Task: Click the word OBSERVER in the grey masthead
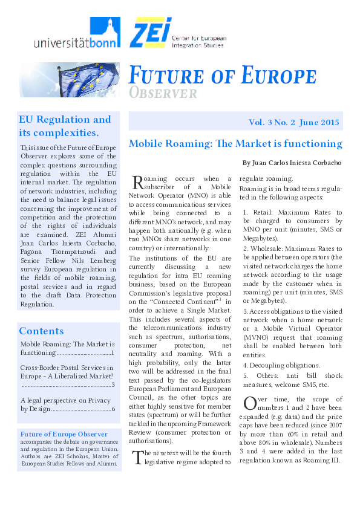tap(163, 93)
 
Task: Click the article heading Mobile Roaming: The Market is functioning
tap(235, 144)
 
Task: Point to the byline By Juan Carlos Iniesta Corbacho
tap(292, 163)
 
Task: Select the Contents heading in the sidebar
tap(41, 331)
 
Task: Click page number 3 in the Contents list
tap(113, 384)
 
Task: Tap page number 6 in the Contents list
tap(113, 409)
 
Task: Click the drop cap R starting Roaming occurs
tap(137, 182)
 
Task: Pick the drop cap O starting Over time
tap(249, 403)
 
